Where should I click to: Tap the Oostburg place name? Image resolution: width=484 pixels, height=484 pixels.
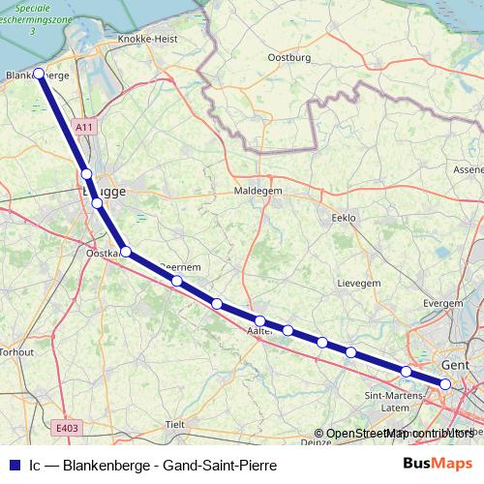coord(287,57)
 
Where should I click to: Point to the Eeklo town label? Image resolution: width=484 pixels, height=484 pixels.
coord(344,218)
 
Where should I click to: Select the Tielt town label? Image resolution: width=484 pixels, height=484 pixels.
coord(175,424)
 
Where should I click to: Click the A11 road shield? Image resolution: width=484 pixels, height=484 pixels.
coord(85,127)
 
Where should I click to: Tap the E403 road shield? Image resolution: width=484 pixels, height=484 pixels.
coord(67,428)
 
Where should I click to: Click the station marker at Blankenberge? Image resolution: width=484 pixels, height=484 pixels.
coord(39,73)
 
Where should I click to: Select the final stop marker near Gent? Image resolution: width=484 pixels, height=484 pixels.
coord(445,384)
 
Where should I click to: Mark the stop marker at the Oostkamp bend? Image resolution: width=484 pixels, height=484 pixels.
coord(126,252)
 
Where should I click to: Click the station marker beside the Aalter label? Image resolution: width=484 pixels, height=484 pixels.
coord(260,320)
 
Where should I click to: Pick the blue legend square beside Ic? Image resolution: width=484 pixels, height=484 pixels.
coord(13,465)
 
